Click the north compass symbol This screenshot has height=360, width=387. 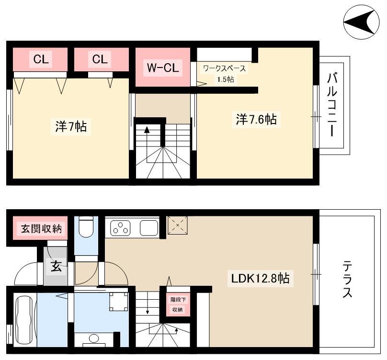362,22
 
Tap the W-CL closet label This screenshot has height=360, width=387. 163,67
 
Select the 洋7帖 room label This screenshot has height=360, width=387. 71,126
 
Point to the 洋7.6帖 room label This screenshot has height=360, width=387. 256,119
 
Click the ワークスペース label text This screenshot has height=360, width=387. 224,68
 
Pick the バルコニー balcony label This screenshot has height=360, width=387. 332,105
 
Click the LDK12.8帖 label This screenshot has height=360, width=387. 260,279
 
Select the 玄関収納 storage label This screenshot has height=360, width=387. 41,229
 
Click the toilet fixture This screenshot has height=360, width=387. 86,227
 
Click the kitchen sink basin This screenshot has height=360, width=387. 149,228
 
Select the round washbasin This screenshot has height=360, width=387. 94,338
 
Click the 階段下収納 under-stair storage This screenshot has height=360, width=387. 178,304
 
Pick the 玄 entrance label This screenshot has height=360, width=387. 56,266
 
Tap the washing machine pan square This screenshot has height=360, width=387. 119,302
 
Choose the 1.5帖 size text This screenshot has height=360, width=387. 225,79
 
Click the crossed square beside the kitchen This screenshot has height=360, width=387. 178,225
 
